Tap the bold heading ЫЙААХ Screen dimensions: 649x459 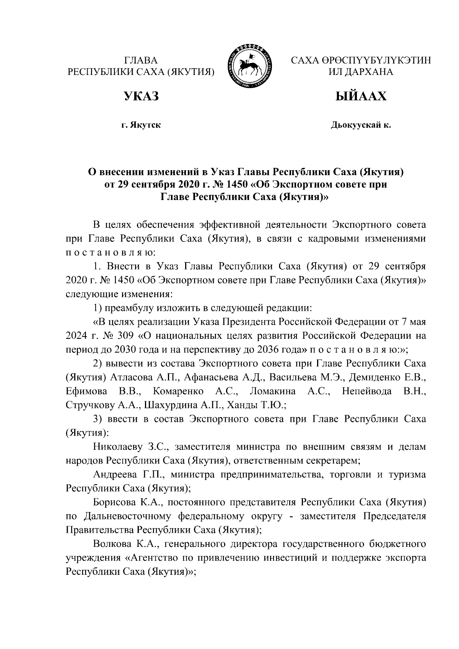pyautogui.click(x=361, y=96)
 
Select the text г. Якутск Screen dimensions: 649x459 pyautogui.click(x=140, y=125)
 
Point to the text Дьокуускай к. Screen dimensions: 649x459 pyautogui.click(x=361, y=125)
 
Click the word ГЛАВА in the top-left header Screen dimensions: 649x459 pyautogui.click(x=141, y=60)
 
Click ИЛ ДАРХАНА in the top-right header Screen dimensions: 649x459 pyautogui.click(x=361, y=72)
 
